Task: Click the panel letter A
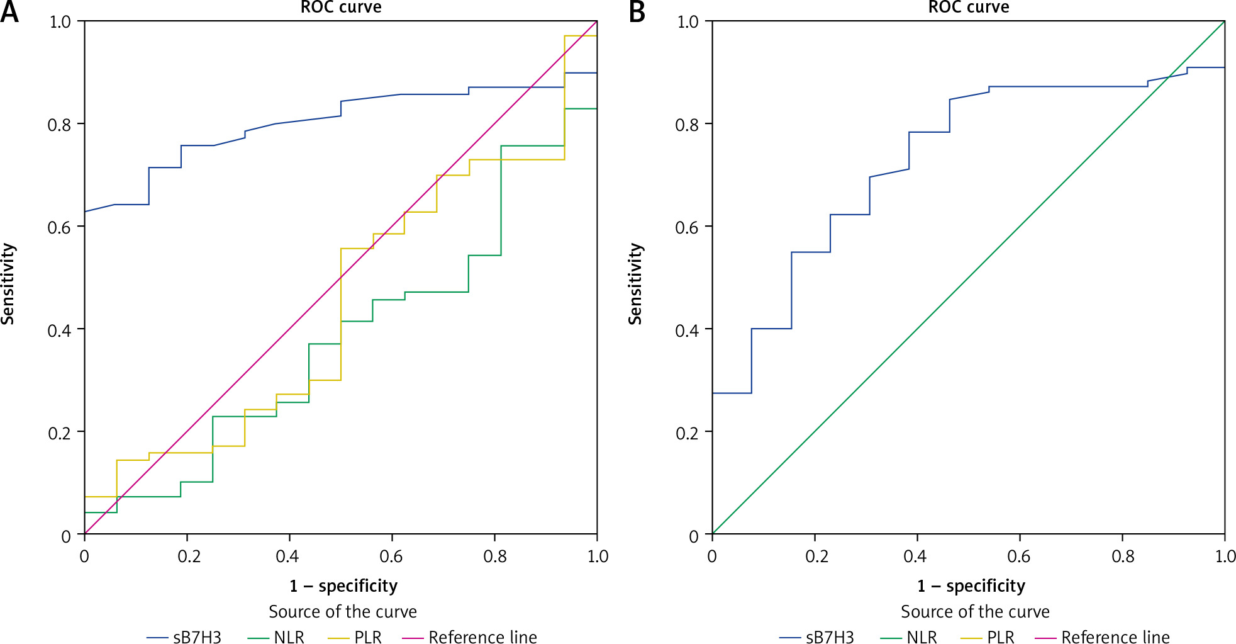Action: [9, 11]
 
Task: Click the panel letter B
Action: [637, 11]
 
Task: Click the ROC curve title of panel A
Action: [341, 8]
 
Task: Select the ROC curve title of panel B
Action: [969, 8]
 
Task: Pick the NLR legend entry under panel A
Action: [276, 637]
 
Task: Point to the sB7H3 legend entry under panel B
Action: [817, 637]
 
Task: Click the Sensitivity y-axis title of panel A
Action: [8, 284]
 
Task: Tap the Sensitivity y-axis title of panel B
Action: [635, 284]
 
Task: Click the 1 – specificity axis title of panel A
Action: [343, 586]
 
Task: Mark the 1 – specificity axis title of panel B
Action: [971, 586]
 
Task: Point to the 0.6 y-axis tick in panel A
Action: [59, 227]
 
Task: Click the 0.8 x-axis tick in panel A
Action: [495, 556]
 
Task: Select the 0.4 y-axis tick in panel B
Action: [687, 330]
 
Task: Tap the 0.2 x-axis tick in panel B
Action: [816, 556]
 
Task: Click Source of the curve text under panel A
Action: [343, 612]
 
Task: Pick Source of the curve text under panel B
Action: [975, 612]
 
